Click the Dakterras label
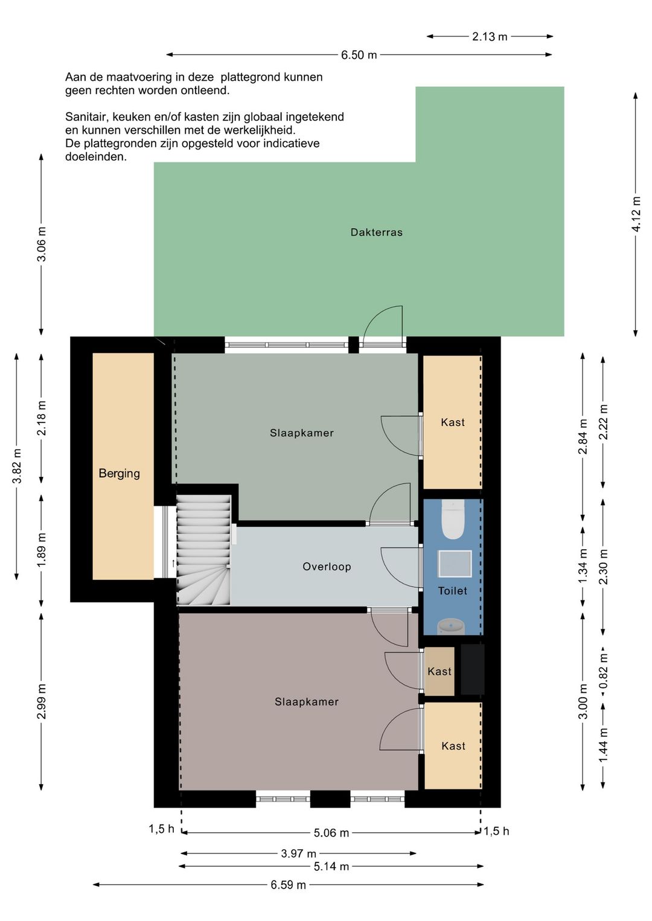376,232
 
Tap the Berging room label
120,473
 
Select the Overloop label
327,567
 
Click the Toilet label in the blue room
453,591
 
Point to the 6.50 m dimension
359,55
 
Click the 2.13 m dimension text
490,37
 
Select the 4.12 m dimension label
636,214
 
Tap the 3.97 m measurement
299,853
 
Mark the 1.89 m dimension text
42,550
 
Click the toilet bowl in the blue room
453,519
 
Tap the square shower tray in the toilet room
455,564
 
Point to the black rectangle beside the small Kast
472,669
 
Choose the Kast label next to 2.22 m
453,422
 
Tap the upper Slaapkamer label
301,433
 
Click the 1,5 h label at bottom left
161,829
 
